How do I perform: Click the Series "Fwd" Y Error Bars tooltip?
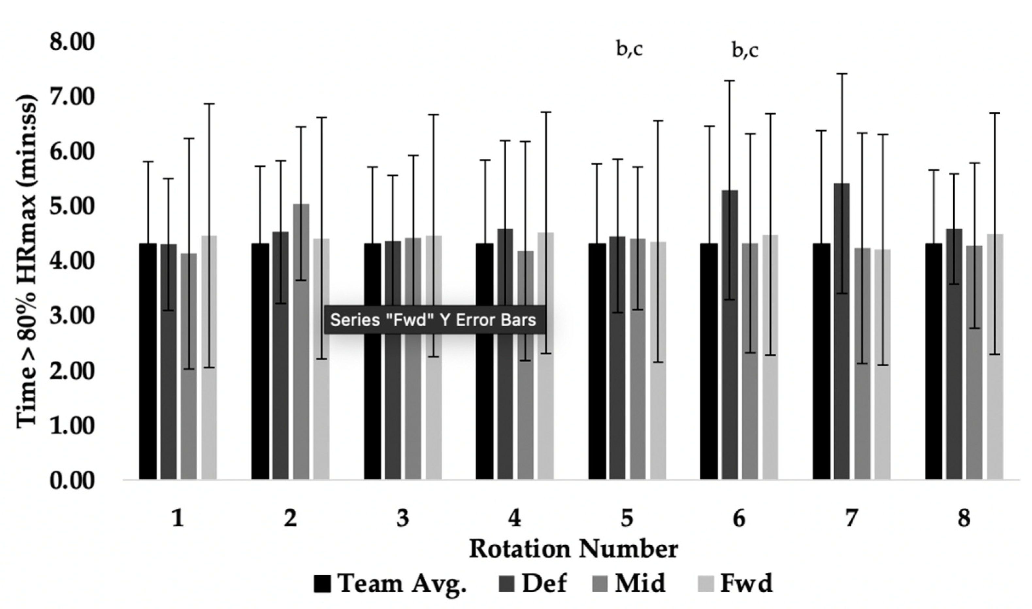pos(434,320)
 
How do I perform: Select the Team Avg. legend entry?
pos(390,584)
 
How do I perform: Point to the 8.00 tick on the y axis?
pos(72,43)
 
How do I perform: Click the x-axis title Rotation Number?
pos(573,549)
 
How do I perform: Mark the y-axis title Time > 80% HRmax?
pos(27,263)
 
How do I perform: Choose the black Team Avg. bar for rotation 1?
pos(148,361)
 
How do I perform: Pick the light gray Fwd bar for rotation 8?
pos(995,357)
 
